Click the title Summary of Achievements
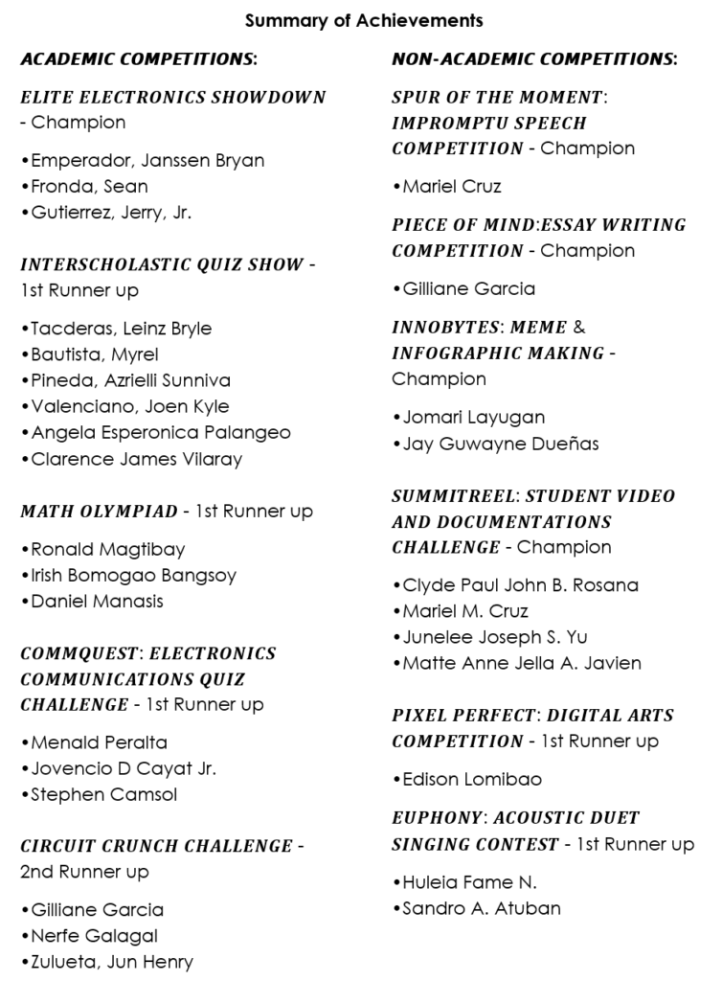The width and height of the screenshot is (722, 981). [363, 20]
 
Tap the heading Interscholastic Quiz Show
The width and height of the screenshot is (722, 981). [161, 264]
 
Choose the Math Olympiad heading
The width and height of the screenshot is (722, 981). [99, 512]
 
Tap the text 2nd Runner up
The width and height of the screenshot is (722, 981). [84, 872]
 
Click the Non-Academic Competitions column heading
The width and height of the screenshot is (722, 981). [534, 59]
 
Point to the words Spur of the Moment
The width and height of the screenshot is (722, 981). [497, 98]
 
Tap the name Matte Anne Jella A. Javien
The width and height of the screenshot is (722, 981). [517, 663]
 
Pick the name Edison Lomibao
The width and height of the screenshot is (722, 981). [466, 780]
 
